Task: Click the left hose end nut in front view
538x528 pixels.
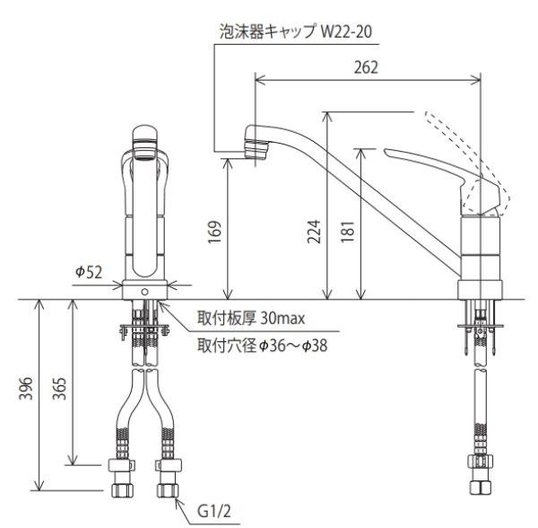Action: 121,476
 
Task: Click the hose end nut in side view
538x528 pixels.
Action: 479,476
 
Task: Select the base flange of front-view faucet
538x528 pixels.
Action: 145,290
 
